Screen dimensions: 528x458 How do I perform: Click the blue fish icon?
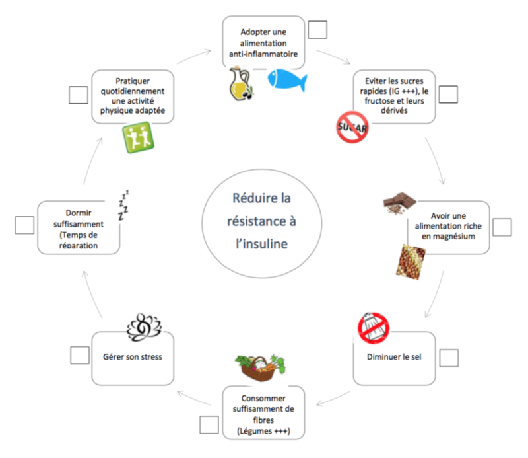[x=287, y=79]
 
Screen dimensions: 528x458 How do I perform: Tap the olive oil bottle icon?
[x=241, y=84]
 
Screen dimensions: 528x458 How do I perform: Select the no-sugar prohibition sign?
[x=352, y=127]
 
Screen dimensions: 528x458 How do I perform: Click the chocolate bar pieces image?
[x=399, y=203]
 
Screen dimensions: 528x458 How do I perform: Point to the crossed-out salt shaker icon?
[x=374, y=328]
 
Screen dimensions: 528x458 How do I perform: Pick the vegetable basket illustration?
[x=260, y=367]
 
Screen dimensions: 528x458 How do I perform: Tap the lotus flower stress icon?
[x=144, y=327]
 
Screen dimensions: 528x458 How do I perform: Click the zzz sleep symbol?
[x=123, y=206]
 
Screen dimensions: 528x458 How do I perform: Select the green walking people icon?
[x=138, y=137]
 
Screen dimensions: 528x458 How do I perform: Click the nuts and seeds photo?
[x=411, y=262]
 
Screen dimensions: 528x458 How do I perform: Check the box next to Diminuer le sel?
[x=449, y=358]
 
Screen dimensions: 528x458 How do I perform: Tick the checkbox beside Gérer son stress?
[x=80, y=355]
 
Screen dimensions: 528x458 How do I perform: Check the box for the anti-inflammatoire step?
[x=317, y=30]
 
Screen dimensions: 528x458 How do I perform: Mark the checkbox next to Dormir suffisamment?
[x=24, y=225]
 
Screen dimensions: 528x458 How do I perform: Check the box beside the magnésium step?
[x=502, y=227]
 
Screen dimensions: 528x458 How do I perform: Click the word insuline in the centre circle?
[x=261, y=244]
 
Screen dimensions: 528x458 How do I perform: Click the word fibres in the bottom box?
[x=263, y=420]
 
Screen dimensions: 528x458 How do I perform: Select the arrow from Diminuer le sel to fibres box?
[x=333, y=399]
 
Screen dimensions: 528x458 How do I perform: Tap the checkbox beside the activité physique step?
[x=79, y=95]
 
